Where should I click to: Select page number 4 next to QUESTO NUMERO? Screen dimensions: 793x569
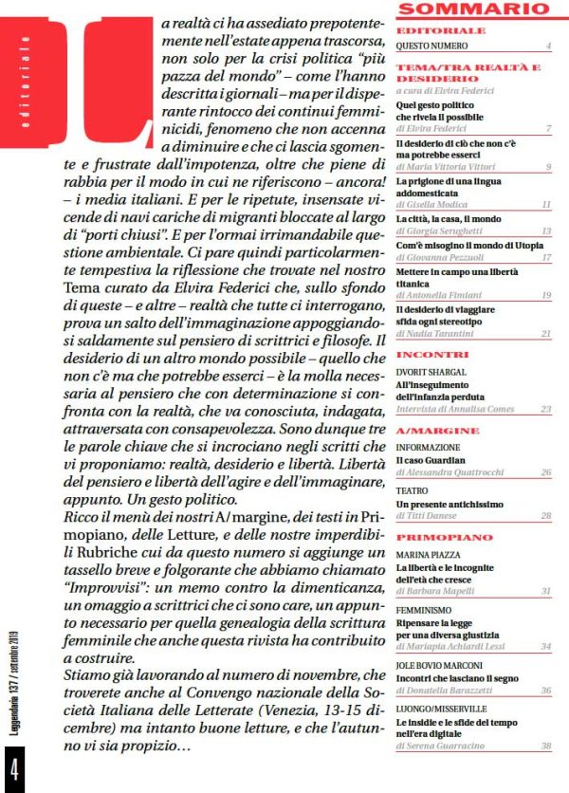(x=548, y=46)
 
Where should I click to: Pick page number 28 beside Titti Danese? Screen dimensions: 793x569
(x=545, y=515)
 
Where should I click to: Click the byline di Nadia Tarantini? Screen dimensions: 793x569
(x=441, y=334)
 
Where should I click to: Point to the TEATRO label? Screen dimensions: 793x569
(x=413, y=490)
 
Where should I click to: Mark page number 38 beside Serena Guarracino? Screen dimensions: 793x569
(x=545, y=747)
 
